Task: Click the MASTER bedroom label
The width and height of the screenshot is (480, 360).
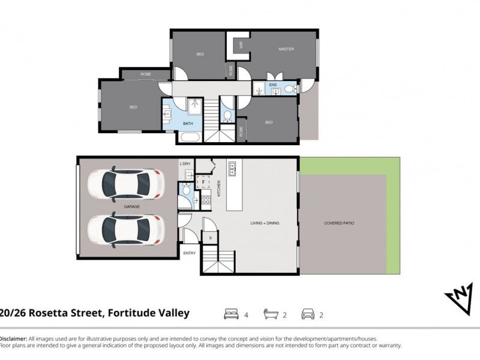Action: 286,49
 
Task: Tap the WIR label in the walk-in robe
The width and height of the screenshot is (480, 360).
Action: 241,44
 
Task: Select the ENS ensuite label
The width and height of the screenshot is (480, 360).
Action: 272,85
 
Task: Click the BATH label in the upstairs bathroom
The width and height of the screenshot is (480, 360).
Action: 187,124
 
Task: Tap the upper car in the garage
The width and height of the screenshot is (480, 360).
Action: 125,184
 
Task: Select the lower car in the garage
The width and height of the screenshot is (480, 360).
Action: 125,229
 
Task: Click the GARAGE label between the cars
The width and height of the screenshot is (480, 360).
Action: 132,206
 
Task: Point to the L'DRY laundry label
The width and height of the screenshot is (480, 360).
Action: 185,163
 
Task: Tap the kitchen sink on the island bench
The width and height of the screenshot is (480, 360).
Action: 233,168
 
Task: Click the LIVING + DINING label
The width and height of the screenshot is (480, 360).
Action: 265,223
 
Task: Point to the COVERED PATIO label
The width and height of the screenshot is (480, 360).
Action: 339,223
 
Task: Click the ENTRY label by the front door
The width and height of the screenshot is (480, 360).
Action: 189,253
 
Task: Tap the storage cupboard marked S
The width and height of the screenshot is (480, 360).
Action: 210,238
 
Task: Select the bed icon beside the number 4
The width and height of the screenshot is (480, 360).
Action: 232,313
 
